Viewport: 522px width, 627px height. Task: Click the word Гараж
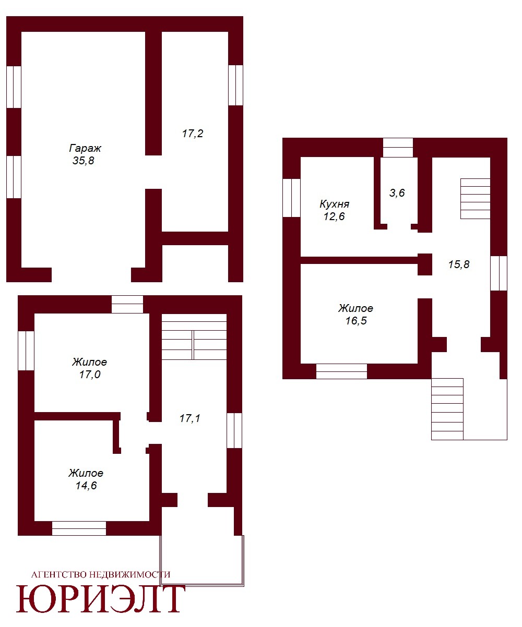click(x=85, y=148)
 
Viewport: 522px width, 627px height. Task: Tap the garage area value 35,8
click(x=83, y=160)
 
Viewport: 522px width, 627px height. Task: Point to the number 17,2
click(x=193, y=134)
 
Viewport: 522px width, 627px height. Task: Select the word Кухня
click(x=334, y=204)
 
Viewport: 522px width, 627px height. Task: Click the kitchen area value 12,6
click(x=334, y=216)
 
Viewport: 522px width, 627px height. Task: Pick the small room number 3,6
click(x=397, y=193)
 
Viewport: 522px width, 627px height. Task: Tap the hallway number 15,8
click(x=459, y=264)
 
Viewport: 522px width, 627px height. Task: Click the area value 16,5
click(x=356, y=321)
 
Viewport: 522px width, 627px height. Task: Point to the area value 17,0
click(x=90, y=375)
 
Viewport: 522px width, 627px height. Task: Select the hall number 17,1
click(x=189, y=418)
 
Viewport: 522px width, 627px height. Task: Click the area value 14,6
click(x=86, y=486)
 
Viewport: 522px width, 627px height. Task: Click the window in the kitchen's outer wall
click(x=291, y=198)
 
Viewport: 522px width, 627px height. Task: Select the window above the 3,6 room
click(x=398, y=148)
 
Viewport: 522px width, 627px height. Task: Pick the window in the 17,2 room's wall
click(x=235, y=85)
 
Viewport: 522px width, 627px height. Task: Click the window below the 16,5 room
click(x=341, y=371)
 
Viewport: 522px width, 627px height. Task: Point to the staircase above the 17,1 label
click(x=194, y=337)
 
